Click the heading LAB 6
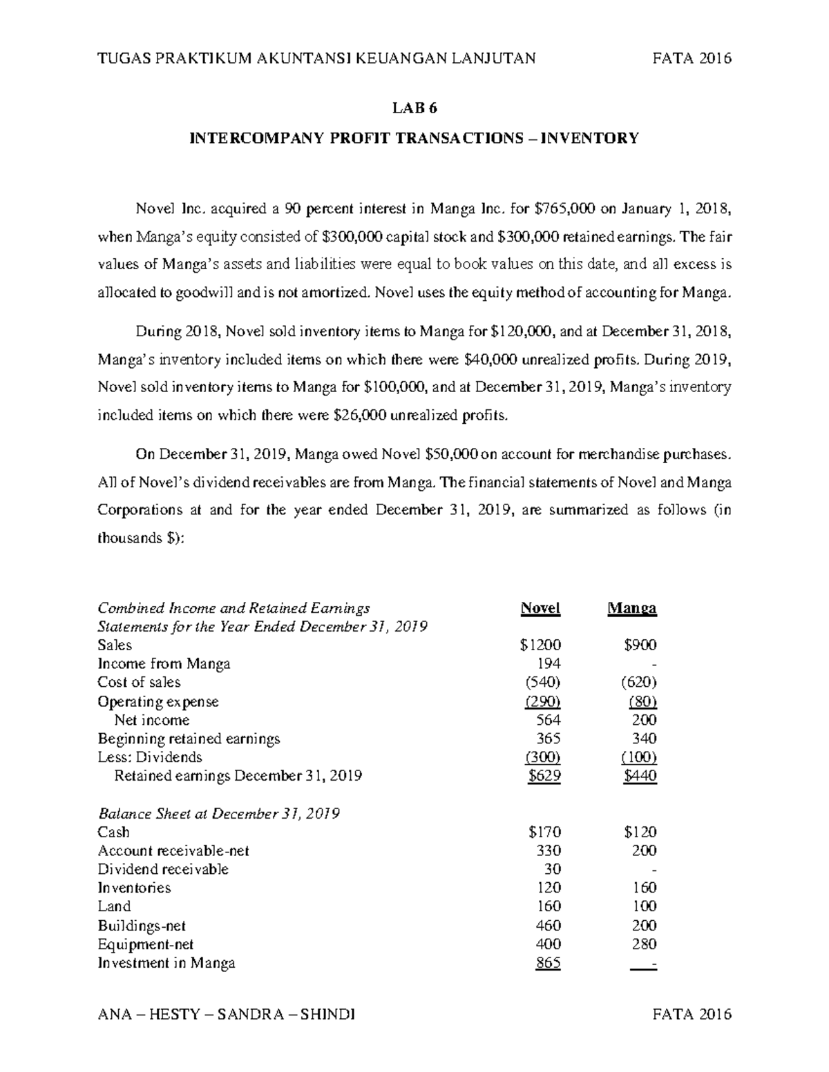click(x=414, y=108)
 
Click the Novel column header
click(x=540, y=608)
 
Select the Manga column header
click(x=631, y=608)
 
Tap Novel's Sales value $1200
click(x=540, y=645)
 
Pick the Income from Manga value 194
click(x=549, y=664)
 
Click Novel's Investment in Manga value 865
click(x=548, y=963)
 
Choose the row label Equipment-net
click(x=146, y=944)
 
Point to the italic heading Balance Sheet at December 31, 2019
click(x=219, y=814)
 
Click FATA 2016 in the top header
click(x=692, y=59)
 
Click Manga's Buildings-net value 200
click(x=644, y=926)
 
